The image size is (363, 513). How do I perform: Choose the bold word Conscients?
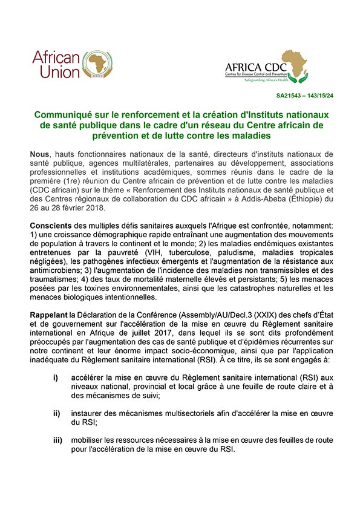click(53, 225)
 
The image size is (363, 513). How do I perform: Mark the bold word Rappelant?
click(52, 314)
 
